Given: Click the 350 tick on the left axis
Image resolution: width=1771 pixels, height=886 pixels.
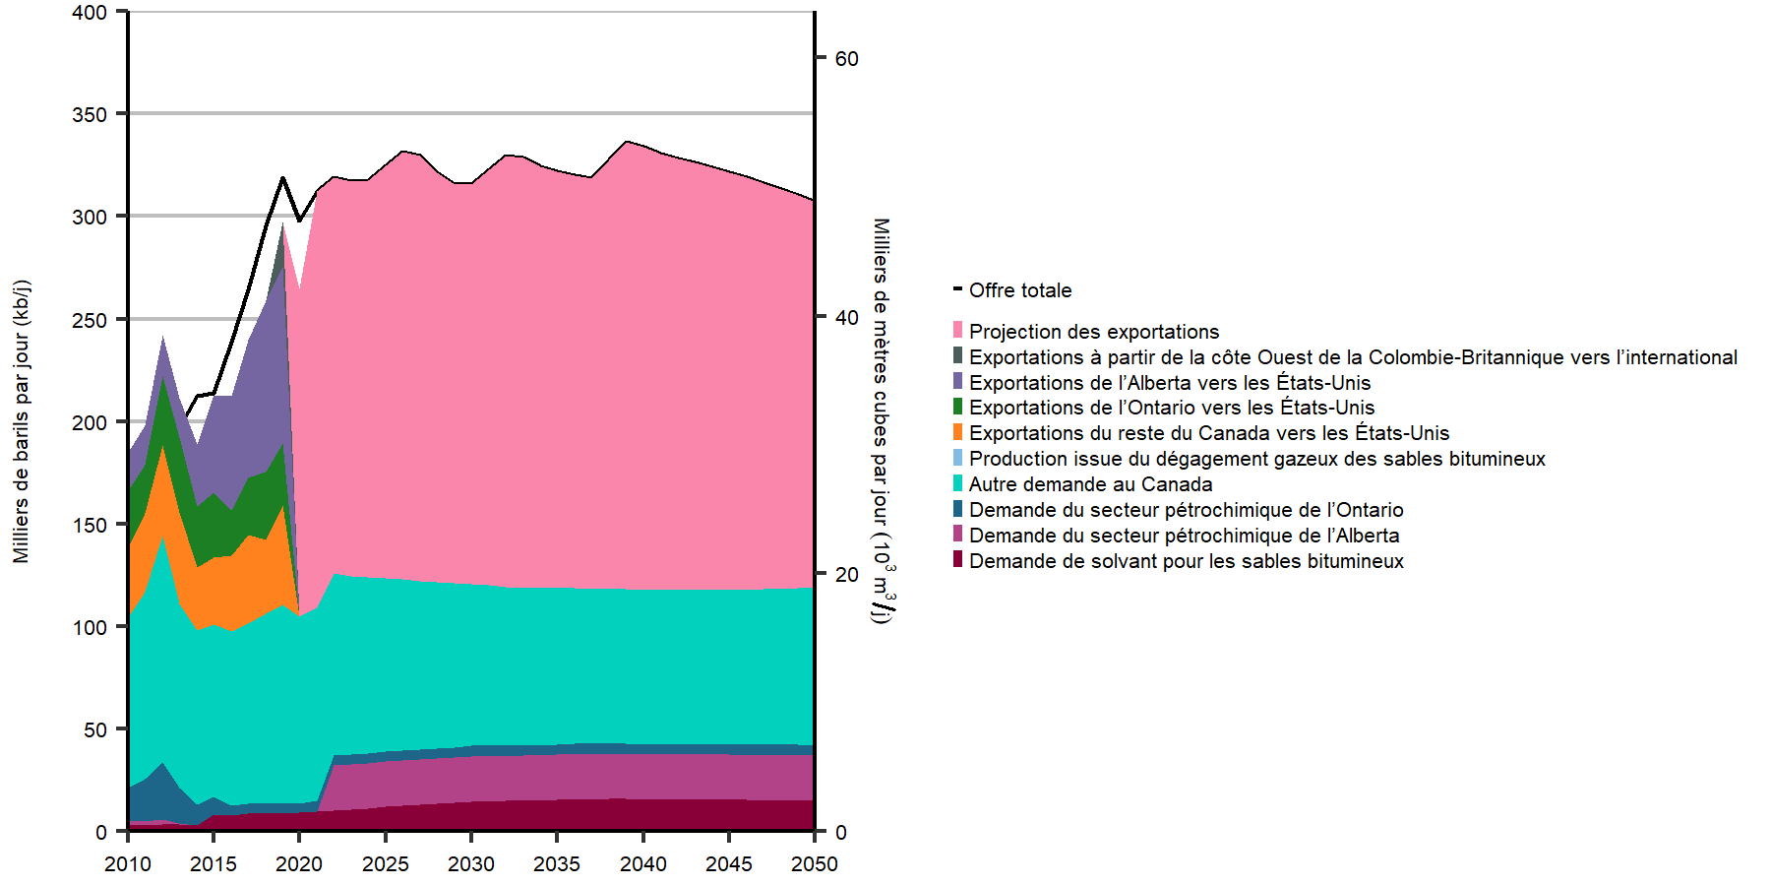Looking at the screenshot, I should click(90, 115).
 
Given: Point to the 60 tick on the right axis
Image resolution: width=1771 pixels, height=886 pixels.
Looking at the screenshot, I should click(846, 59).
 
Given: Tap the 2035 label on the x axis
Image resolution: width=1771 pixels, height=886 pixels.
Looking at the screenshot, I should click(557, 864).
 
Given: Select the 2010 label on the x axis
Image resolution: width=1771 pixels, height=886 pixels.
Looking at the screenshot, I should click(128, 864).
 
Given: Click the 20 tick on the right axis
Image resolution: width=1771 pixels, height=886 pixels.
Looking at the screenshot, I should click(846, 575).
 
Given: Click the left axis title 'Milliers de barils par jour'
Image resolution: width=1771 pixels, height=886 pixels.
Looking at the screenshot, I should click(22, 421).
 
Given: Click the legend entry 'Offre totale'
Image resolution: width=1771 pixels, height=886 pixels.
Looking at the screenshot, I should click(1019, 290).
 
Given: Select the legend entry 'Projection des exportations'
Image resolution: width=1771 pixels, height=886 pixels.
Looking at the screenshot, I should click(1093, 332).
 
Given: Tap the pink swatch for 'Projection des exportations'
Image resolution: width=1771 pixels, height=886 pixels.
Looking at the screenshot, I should click(957, 330).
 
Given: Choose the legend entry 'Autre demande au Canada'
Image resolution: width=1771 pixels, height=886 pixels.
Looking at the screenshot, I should click(1090, 484).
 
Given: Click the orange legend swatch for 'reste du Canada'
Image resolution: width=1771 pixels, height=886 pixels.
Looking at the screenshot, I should click(957, 432).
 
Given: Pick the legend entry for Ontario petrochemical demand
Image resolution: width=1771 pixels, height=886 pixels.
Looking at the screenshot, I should click(1186, 510).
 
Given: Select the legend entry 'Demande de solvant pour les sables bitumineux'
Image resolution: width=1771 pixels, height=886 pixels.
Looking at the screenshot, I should click(1186, 561).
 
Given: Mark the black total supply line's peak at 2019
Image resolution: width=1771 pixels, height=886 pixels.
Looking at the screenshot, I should click(282, 178).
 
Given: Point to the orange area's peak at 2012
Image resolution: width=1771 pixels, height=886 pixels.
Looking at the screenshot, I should click(162, 447).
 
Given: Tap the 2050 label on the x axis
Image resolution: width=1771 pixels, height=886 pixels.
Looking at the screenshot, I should click(815, 864).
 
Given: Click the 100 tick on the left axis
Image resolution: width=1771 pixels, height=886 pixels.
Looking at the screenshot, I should click(90, 627).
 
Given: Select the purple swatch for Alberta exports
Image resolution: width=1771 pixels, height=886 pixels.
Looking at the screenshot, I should click(957, 381).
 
